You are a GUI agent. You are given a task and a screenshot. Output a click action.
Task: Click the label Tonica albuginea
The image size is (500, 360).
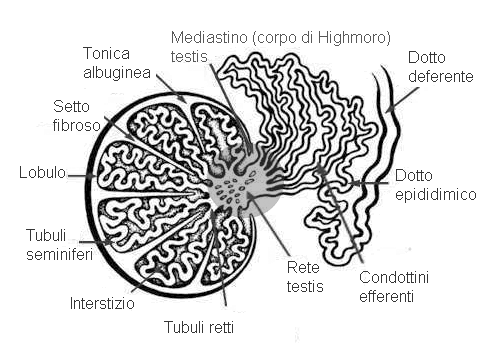coord(111,61)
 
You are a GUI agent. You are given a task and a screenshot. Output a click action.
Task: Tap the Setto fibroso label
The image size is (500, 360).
coord(77,117)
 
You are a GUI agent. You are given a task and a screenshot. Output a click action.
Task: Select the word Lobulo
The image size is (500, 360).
coord(41,173)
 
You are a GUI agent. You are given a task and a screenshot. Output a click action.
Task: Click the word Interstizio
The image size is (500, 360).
coord(102,302)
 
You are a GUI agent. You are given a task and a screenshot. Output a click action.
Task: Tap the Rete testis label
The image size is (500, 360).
coord(305,275)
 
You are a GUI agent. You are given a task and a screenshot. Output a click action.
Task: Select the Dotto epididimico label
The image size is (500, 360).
coord(434,185)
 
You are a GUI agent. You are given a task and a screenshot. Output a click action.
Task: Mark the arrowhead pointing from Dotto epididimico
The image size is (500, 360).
coord(357,183)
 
